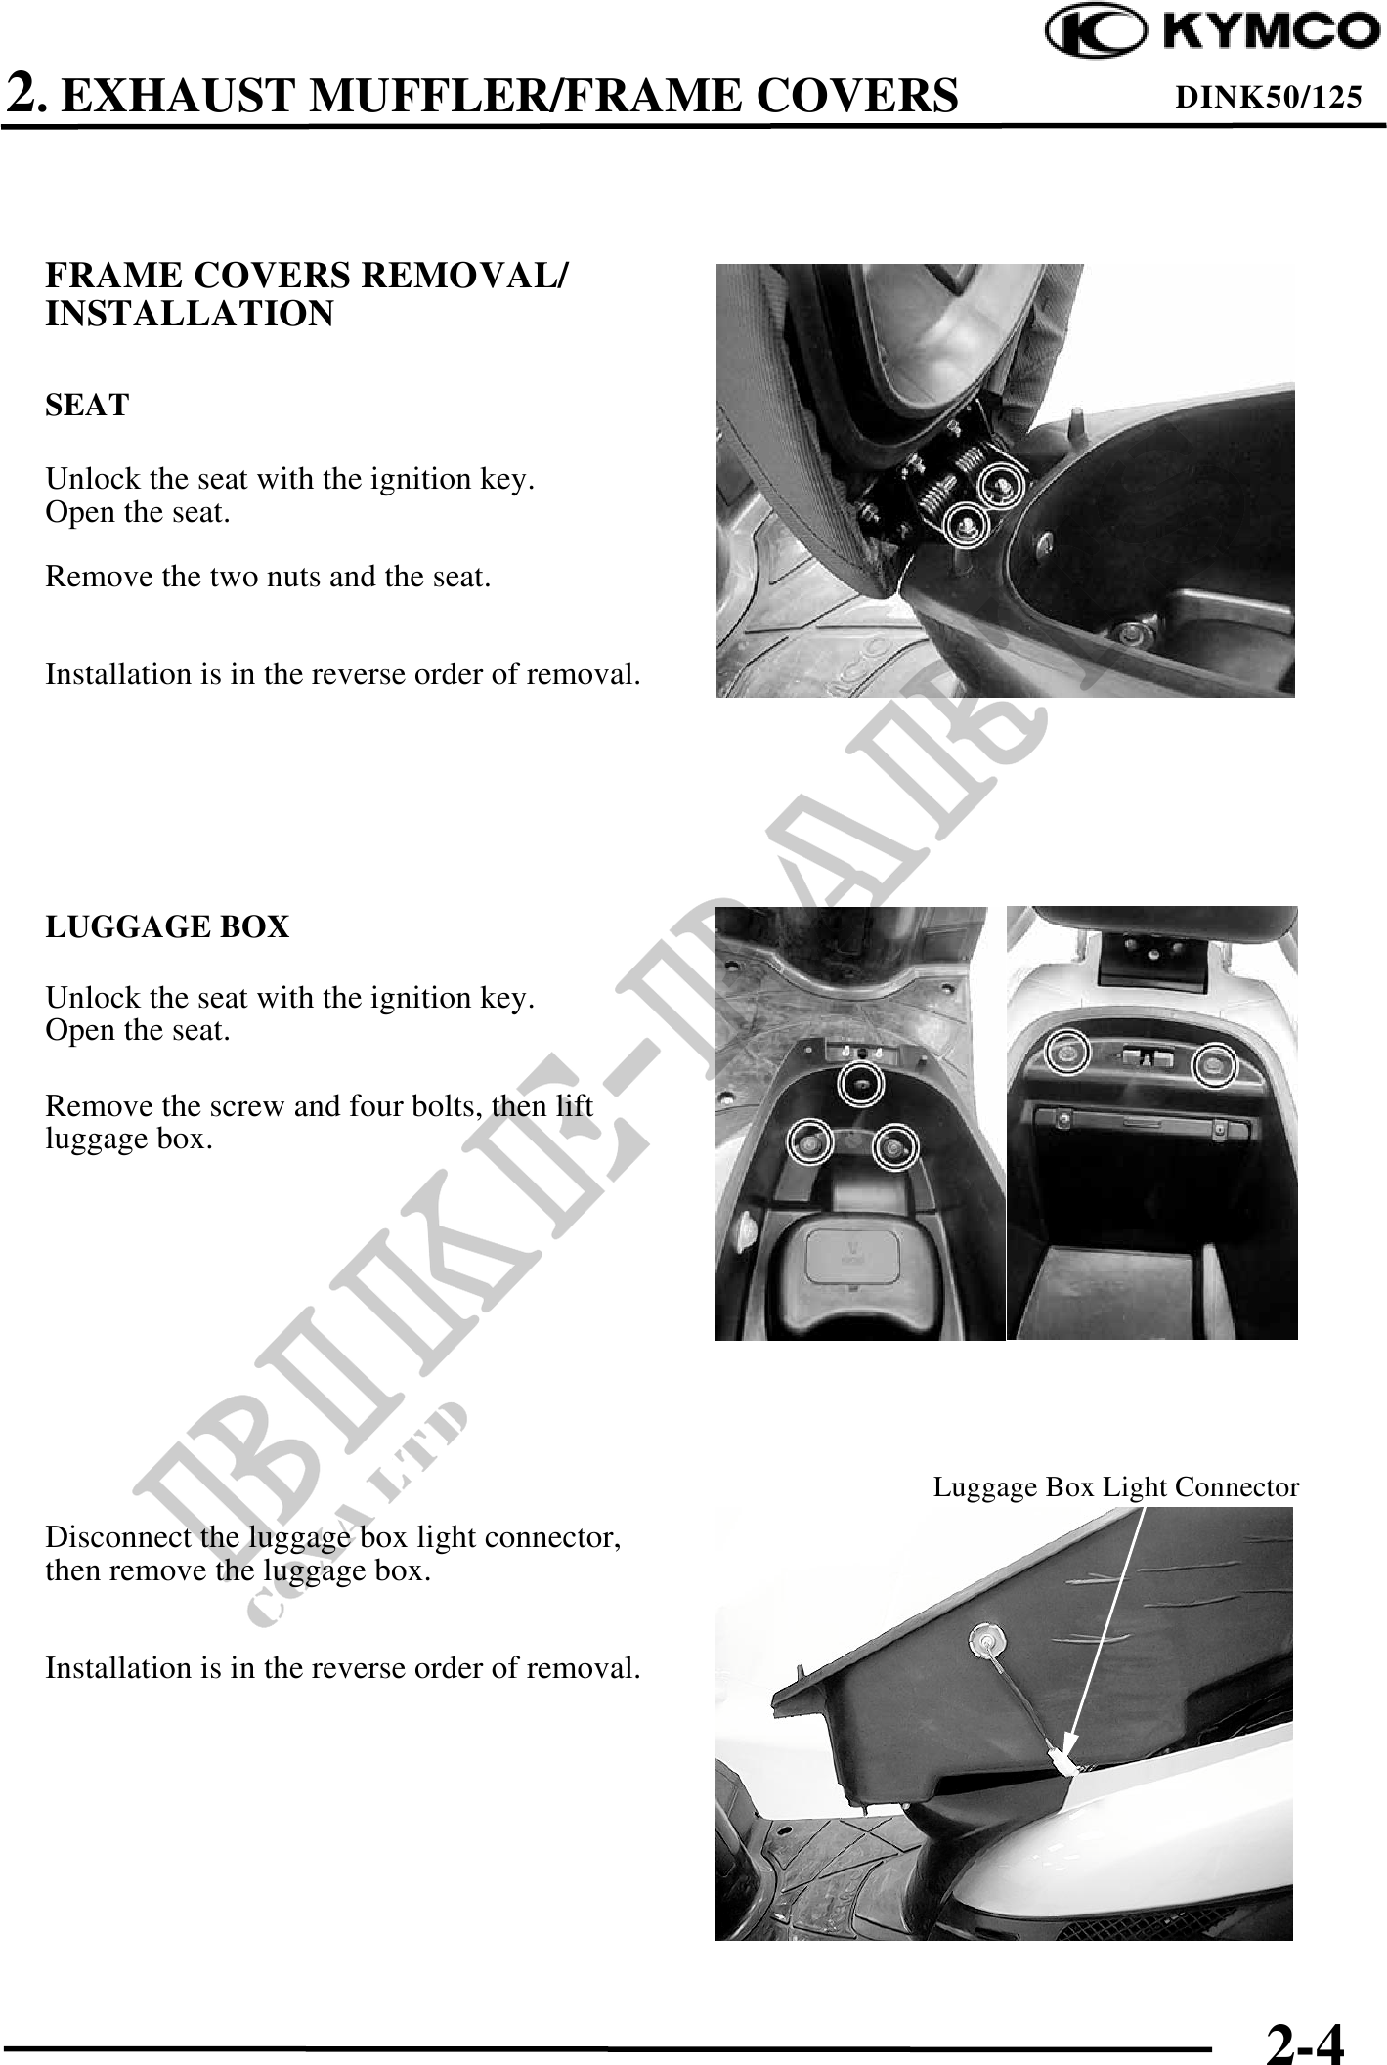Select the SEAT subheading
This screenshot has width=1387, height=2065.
tap(87, 406)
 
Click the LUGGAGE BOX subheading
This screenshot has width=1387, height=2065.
tap(167, 926)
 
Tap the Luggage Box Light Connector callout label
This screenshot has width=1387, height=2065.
tap(1116, 1487)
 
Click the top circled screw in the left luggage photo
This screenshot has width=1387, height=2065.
tap(860, 1083)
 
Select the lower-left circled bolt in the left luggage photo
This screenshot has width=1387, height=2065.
tap(810, 1141)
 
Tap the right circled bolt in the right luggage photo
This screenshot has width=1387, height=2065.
tap(1216, 1063)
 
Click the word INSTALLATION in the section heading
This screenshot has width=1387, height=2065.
tap(190, 315)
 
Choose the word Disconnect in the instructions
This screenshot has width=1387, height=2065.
tap(119, 1537)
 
